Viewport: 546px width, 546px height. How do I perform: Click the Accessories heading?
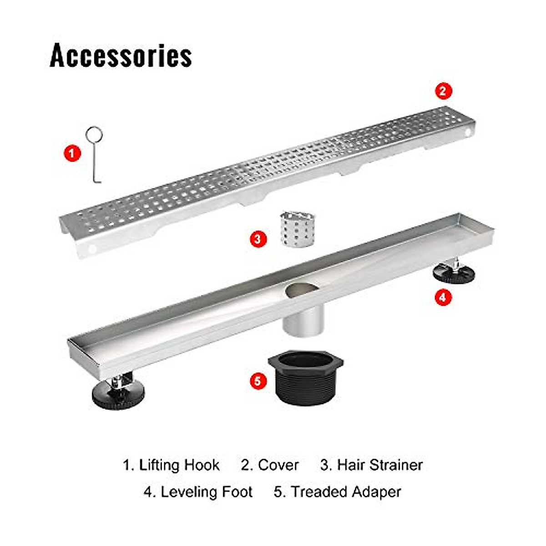(x=121, y=56)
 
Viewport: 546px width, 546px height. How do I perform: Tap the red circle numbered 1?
(x=72, y=153)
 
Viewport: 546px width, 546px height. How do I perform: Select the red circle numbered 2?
(x=443, y=91)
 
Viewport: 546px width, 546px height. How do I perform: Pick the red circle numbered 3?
(x=258, y=238)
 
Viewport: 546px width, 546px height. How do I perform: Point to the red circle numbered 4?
(x=443, y=298)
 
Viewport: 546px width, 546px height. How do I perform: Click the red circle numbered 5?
(x=258, y=380)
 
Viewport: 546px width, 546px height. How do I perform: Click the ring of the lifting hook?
(x=95, y=135)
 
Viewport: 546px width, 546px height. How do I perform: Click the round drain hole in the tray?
(x=300, y=290)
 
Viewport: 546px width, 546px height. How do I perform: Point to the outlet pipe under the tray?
(x=303, y=320)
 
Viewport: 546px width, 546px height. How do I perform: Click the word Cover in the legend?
(x=278, y=465)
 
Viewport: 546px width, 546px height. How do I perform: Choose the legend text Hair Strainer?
(x=380, y=465)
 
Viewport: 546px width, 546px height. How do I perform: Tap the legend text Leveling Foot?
(x=207, y=492)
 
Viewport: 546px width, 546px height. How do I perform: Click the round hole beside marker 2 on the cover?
(x=467, y=132)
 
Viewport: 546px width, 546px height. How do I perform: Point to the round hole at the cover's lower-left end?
(x=92, y=249)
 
